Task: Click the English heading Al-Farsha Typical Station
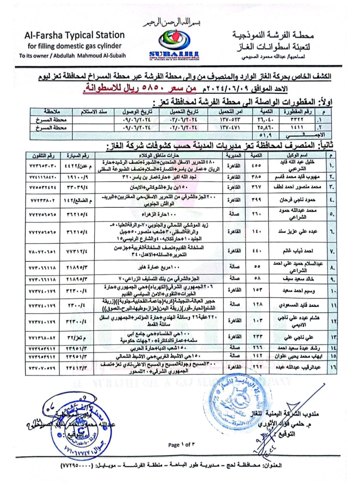click(74, 35)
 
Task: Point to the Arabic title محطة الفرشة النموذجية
click(273, 35)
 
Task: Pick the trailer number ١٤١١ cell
click(297, 127)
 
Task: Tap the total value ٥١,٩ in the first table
click(265, 135)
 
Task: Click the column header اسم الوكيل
click(297, 155)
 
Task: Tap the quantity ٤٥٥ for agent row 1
click(256, 165)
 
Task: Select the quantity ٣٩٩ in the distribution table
click(256, 200)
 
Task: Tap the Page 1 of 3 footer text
click(181, 445)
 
